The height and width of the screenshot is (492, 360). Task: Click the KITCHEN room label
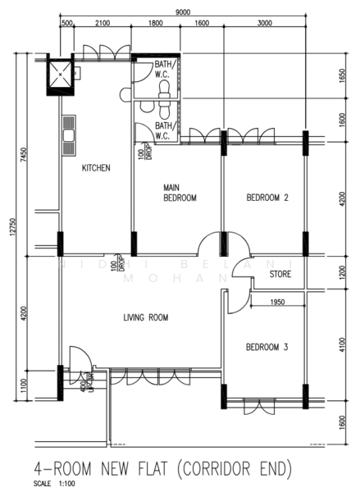96,168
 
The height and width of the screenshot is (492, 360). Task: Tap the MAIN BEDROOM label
180,193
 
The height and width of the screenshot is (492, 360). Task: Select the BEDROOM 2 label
267,198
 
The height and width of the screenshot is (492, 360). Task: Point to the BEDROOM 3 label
267,348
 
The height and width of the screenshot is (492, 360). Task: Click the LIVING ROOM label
146,317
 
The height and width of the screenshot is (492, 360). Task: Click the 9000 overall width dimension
183,11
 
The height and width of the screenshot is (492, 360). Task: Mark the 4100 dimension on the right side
343,346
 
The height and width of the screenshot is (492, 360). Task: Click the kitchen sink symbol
68,129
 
